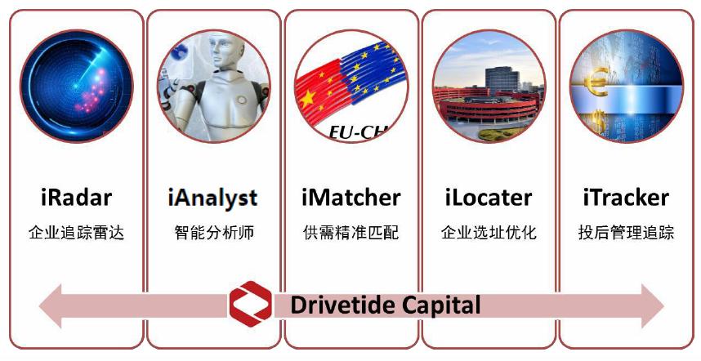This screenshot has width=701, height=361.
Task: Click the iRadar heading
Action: pos(77,198)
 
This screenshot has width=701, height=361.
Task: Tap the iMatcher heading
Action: pos(351,198)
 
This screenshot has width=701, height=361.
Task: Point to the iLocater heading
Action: pos(489,198)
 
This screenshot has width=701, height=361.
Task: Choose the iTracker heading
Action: pos(626,198)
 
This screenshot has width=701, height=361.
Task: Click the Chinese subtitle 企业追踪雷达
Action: pos(77,233)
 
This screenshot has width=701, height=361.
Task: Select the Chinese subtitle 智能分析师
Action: pos(214,233)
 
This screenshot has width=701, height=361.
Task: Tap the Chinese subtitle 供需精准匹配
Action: pos(351,233)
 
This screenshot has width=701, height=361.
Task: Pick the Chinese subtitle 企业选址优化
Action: pos(489,233)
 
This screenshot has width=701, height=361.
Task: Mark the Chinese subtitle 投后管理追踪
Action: pos(626,233)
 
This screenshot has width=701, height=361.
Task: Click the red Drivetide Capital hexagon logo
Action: pos(250,304)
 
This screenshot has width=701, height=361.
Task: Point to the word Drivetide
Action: pos(343,305)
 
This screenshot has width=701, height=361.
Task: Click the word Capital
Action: pos(441,306)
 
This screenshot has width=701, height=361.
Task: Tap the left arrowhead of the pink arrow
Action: pos(50,306)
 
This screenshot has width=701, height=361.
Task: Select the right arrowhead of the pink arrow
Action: pos(653,306)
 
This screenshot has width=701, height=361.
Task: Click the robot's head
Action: pos(226,51)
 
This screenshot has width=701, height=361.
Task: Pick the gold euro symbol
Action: pos(596,82)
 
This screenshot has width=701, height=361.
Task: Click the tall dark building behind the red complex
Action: pos(502,79)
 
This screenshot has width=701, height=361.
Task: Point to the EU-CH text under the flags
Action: pos(358,132)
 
